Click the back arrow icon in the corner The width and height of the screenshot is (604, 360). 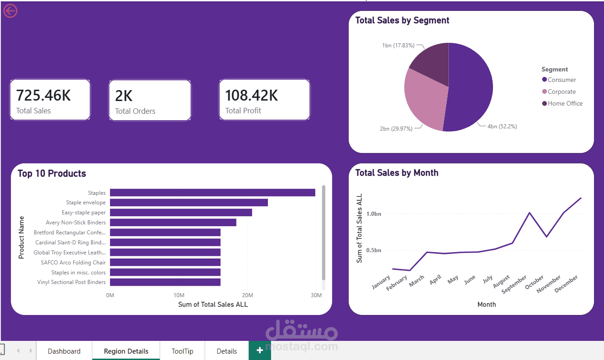tap(10, 11)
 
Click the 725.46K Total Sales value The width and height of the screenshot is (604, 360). tap(43, 96)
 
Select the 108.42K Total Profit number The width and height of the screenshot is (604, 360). tap(252, 96)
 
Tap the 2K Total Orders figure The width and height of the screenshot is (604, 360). tap(124, 96)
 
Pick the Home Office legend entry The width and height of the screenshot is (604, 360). tap(562, 104)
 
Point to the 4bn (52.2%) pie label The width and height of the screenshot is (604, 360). tap(502, 127)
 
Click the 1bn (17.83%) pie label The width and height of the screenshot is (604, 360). tap(398, 46)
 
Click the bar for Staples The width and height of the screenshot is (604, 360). tap(212, 193)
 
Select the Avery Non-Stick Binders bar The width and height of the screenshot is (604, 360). tap(173, 223)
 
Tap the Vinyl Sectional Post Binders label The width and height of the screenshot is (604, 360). tap(71, 282)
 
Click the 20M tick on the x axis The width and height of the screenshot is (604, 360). tap(247, 295)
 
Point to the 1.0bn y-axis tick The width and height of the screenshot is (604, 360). tap(374, 214)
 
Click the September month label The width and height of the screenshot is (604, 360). tap(513, 284)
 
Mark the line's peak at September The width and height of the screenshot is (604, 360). tap(529, 213)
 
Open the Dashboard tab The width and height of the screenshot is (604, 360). tap(64, 351)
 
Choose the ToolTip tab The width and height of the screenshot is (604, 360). tap(182, 351)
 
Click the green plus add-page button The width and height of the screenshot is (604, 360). tap(260, 350)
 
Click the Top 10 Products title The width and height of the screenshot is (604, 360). tap(52, 173)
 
